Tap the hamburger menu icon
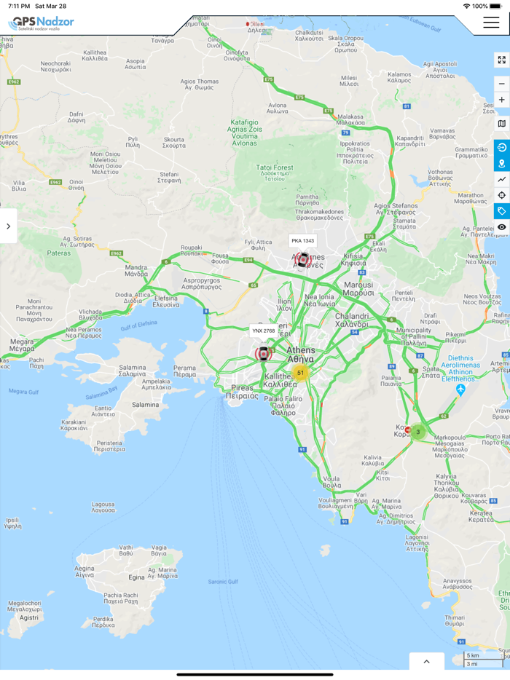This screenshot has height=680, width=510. click(x=490, y=23)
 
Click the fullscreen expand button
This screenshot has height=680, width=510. click(x=501, y=60)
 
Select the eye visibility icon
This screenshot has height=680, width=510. click(x=501, y=227)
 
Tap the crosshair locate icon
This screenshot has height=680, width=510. click(x=501, y=195)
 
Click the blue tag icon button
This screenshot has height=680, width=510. click(x=501, y=211)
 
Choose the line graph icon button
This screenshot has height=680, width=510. click(x=501, y=179)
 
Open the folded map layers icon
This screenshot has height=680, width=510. click(x=501, y=124)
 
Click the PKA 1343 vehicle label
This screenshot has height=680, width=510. click(x=302, y=241)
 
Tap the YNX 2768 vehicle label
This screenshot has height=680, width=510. click(x=264, y=331)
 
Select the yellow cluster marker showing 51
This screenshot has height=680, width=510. click(x=300, y=373)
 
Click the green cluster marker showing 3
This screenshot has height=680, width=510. click(x=417, y=432)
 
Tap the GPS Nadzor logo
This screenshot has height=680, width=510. click(x=42, y=23)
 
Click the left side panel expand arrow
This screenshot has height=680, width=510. click(x=8, y=226)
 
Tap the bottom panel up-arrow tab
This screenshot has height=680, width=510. click(x=427, y=661)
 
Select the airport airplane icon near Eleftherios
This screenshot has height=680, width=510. click(x=460, y=390)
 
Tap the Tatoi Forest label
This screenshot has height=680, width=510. click(x=275, y=168)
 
